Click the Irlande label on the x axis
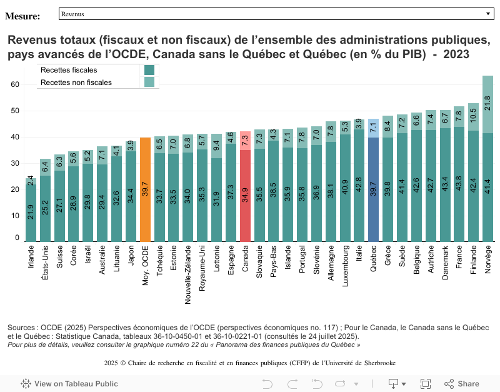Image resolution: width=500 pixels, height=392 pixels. (x=31, y=256)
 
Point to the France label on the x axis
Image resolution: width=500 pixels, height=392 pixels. (x=459, y=257)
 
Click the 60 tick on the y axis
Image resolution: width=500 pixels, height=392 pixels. (x=16, y=84)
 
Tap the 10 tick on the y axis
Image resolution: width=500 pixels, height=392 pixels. (x=16, y=216)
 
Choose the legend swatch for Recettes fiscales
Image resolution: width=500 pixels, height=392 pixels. (x=149, y=70)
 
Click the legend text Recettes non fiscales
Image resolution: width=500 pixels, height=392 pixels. (x=76, y=83)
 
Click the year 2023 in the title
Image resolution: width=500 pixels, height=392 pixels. (x=456, y=54)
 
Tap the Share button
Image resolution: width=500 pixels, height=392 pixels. (x=462, y=384)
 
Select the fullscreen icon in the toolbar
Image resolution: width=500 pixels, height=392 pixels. (x=426, y=384)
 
